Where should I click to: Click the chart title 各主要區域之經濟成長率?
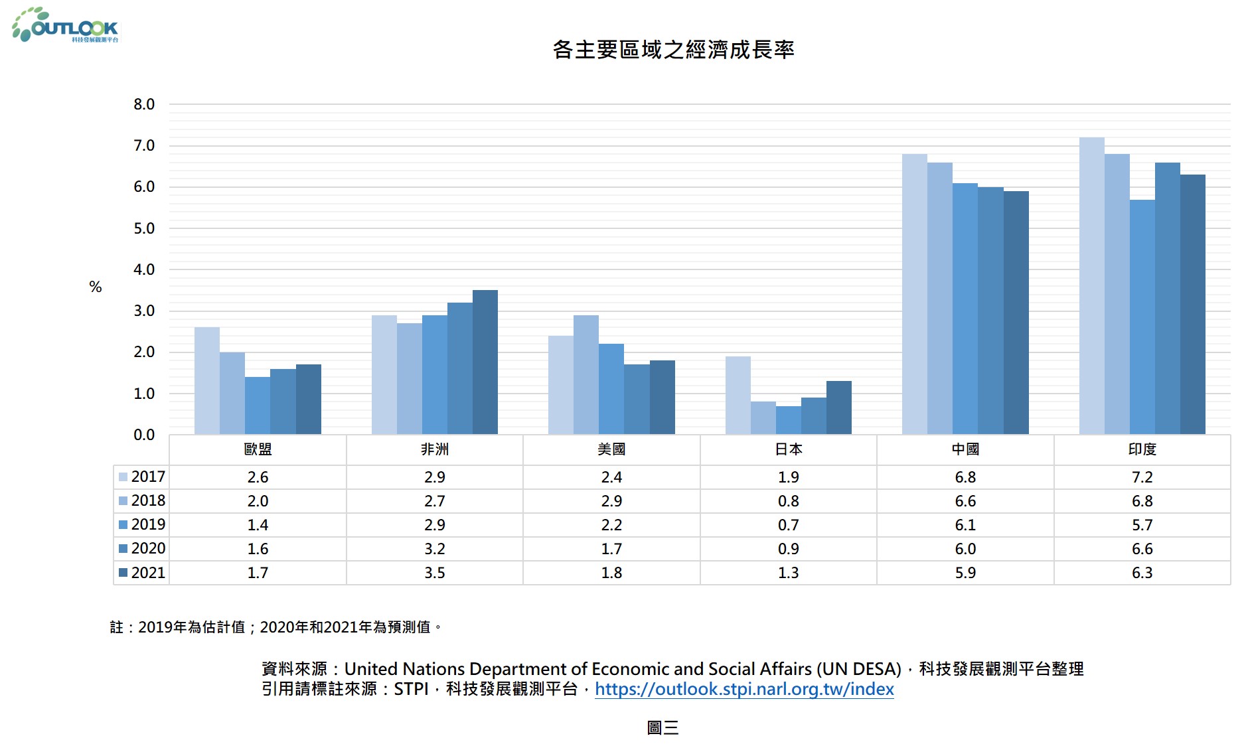point(673,50)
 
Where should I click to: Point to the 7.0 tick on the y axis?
point(144,145)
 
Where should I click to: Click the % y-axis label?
point(96,287)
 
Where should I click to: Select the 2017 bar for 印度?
point(1091,285)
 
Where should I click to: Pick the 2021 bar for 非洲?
point(485,362)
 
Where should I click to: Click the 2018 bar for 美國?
point(585,374)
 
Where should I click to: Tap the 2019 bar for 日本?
point(788,420)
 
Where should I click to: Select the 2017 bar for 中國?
point(914,294)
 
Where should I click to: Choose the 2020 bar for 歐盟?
point(283,402)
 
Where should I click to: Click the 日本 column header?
point(788,449)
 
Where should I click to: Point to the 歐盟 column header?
point(258,449)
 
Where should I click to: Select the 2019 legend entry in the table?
point(142,524)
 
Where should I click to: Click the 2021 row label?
point(142,573)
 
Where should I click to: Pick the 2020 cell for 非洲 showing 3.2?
point(434,549)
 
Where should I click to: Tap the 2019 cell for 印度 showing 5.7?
point(1142,525)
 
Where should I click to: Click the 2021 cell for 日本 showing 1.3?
point(788,573)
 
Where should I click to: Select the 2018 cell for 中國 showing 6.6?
point(965,501)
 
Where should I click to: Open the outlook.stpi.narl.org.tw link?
point(743,689)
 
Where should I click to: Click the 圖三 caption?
point(662,728)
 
